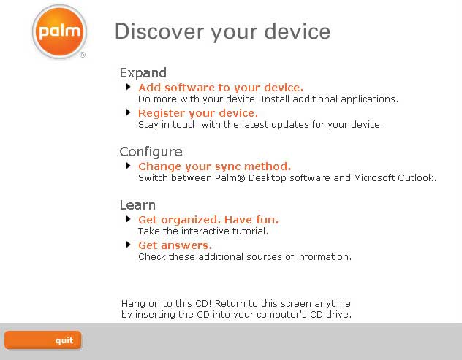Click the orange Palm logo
point(59,31)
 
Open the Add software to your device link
point(221,88)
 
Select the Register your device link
point(198,113)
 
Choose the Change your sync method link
point(214,166)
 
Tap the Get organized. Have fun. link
point(208,220)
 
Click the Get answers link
point(175,245)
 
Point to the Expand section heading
point(143,73)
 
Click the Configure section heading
point(151,152)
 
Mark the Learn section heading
point(137,205)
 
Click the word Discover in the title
point(159,31)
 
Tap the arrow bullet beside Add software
point(128,87)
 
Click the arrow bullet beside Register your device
point(128,112)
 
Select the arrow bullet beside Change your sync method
point(128,166)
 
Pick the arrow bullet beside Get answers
point(128,245)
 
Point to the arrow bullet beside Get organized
point(128,219)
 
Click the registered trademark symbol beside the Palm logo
point(83,55)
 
